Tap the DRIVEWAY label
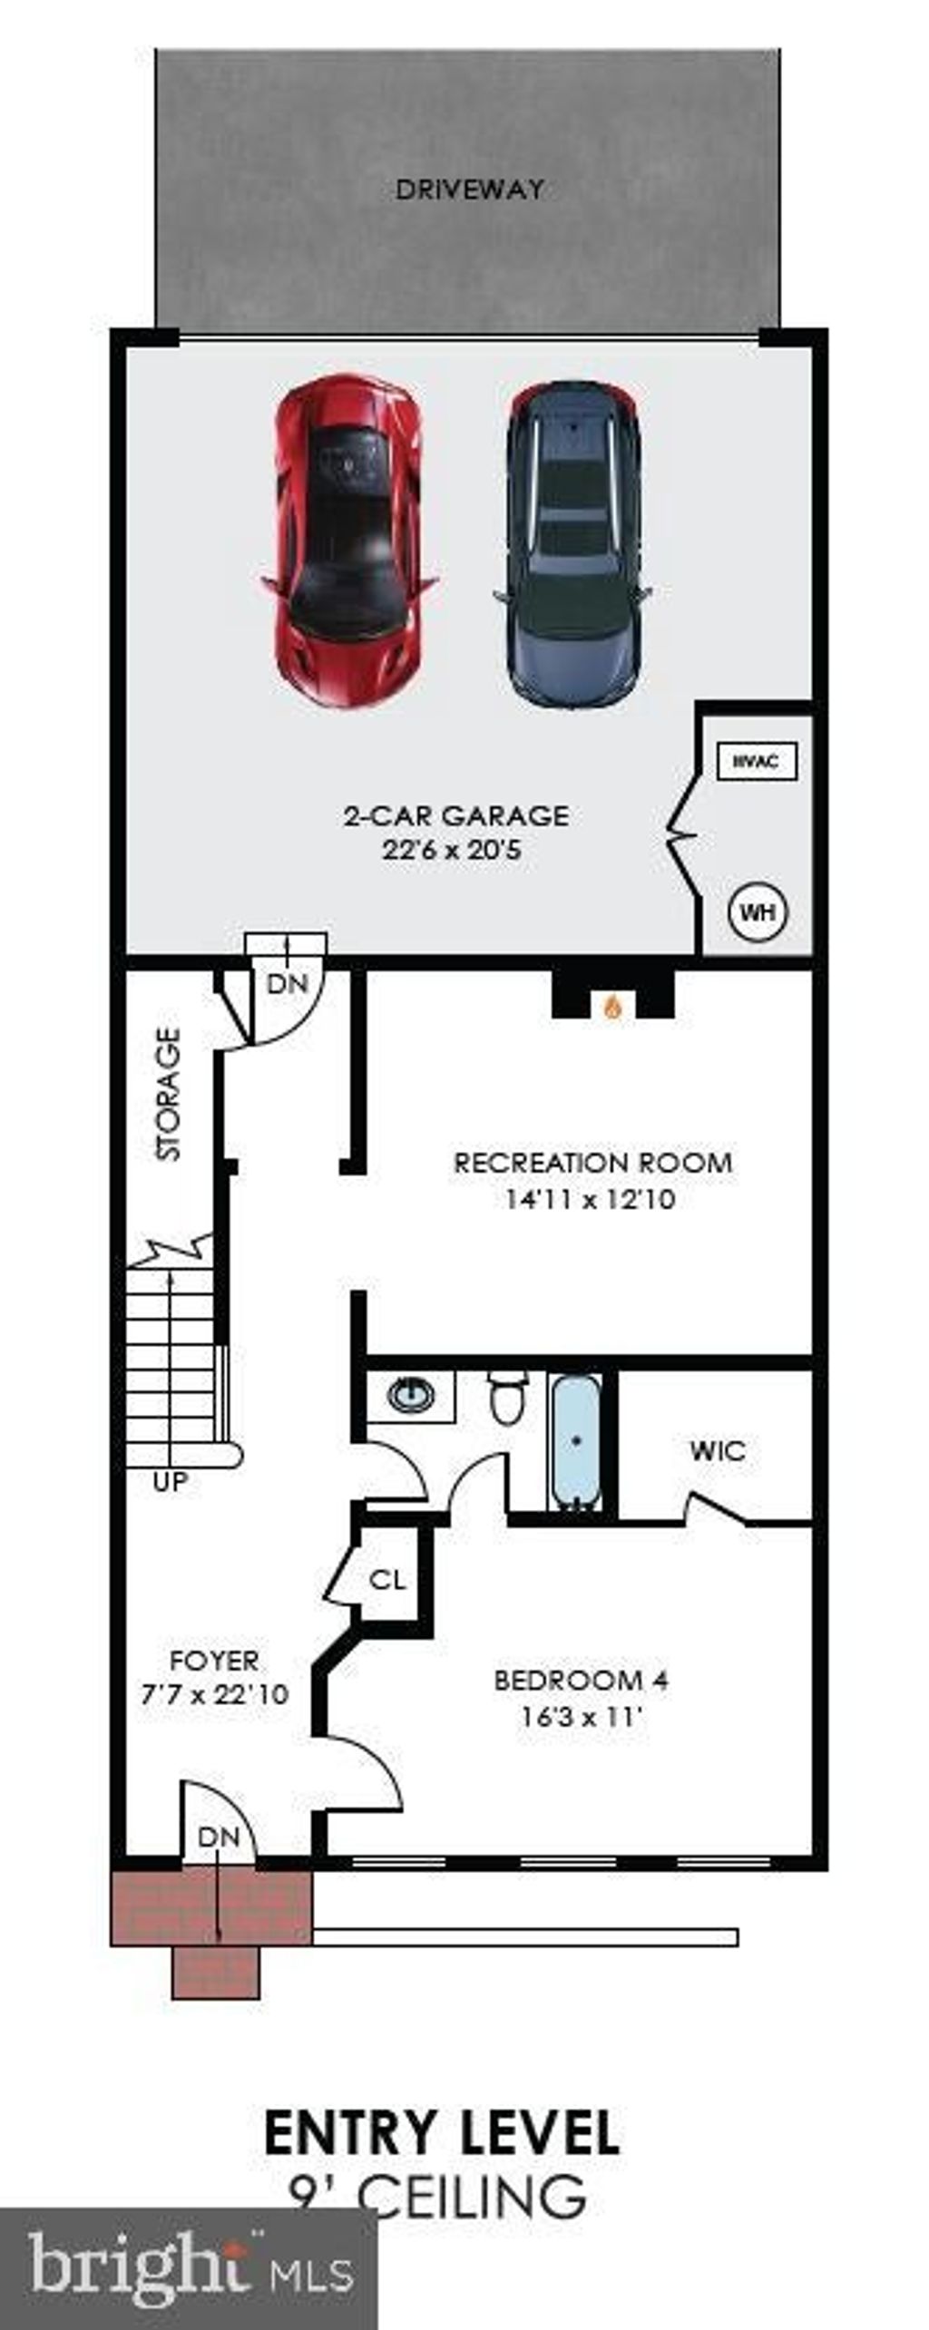coord(470,190)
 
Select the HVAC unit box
coord(757,761)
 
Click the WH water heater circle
coord(758,912)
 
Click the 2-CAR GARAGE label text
coord(456,815)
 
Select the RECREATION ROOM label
coord(592,1163)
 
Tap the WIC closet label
coord(717,1449)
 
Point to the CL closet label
coord(387,1580)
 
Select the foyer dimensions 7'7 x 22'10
coord(214,1694)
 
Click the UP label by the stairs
coord(170,1482)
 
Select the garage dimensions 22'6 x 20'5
coord(451,851)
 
